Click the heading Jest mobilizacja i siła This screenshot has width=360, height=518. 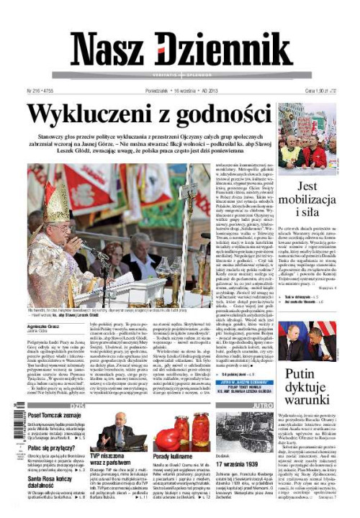307,201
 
